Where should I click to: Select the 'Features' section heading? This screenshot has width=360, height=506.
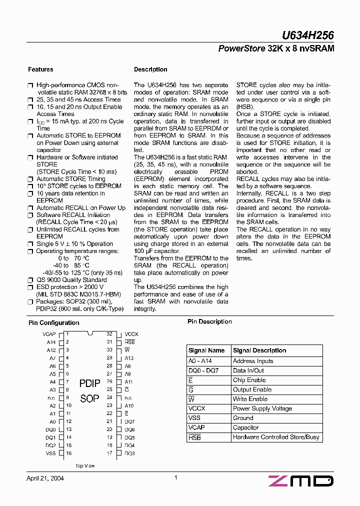40,69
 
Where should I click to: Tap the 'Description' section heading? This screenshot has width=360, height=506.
150,69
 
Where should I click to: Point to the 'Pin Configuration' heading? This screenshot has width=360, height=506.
53,323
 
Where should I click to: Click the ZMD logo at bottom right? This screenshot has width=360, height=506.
300,481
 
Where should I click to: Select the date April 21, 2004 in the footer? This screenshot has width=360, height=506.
45,478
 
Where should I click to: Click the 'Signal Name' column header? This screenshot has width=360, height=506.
206,350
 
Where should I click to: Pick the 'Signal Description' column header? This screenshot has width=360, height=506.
259,350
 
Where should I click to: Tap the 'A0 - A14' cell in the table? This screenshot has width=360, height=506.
200,361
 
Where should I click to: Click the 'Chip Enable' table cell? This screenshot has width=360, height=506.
249,380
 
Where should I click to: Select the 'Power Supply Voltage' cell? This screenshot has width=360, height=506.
262,408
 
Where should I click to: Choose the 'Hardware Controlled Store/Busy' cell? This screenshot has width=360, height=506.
275,437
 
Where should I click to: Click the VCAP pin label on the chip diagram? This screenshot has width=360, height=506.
49,333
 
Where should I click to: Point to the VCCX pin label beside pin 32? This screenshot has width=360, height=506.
131,333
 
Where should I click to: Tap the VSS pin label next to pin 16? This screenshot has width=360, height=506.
51,453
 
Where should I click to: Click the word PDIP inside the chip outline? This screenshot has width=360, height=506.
90,383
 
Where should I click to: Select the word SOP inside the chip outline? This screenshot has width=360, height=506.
90,398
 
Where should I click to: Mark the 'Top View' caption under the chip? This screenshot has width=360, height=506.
85,465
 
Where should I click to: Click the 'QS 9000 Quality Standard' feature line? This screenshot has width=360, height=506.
71,280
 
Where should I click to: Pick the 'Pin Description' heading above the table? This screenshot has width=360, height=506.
209,321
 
